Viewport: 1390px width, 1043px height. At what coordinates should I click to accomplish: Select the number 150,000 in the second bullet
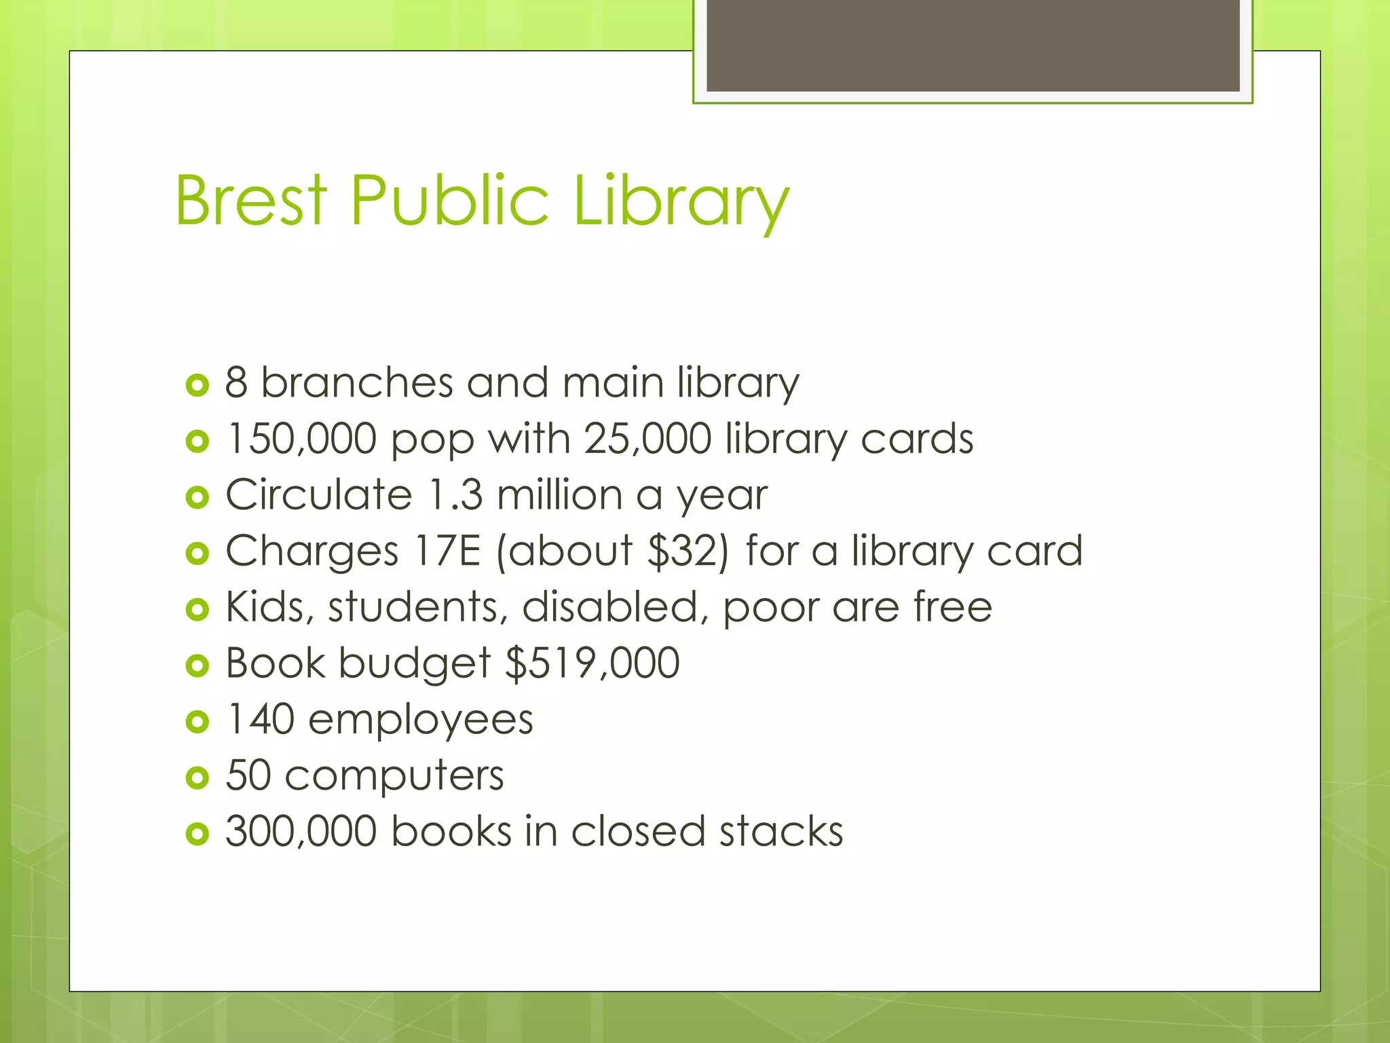pos(301,439)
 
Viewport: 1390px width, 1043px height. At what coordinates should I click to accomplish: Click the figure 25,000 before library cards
pos(647,439)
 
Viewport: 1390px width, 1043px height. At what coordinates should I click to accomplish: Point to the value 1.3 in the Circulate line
pos(455,495)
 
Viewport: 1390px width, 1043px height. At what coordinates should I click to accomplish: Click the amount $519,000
pos(593,663)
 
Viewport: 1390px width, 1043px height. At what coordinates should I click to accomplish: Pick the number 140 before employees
pos(260,719)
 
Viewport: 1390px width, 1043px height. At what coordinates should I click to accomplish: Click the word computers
pos(394,776)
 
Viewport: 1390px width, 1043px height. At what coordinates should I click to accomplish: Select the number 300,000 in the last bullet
pos(301,831)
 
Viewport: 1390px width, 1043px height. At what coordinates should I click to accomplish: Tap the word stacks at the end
pos(781,831)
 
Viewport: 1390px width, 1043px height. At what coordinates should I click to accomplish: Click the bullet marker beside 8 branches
pos(197,386)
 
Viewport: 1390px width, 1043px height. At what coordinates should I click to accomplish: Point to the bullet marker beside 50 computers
pos(197,778)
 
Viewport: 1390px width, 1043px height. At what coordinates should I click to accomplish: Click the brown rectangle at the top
pos(973,45)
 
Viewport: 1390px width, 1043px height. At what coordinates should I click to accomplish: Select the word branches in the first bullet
pos(357,383)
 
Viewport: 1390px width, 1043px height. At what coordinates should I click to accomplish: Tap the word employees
pos(421,720)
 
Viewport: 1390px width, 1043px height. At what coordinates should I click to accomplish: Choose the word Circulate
pos(319,495)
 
